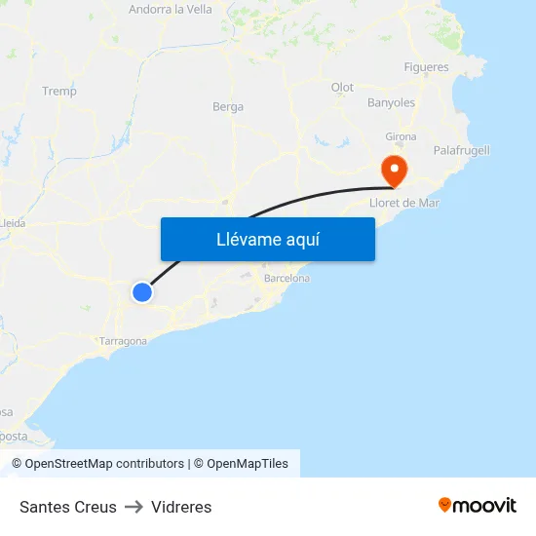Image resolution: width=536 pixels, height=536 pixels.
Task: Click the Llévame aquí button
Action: click(267, 239)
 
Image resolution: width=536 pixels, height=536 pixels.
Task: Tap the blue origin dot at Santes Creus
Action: click(142, 291)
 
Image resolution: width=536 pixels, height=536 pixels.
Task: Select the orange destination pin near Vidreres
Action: click(395, 170)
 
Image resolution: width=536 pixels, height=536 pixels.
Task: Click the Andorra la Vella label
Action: click(171, 10)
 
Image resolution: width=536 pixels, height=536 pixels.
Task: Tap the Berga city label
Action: click(228, 107)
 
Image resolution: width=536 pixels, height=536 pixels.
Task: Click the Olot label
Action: click(342, 88)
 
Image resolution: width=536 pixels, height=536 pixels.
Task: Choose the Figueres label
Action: click(427, 67)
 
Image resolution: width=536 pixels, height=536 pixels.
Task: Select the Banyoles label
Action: click(391, 102)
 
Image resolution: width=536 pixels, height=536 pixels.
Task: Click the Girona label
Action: click(401, 136)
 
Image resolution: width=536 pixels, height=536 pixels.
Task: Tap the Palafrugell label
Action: click(461, 150)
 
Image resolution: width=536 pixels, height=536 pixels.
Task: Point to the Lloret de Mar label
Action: click(405, 203)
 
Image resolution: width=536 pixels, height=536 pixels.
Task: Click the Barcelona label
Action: click(287, 279)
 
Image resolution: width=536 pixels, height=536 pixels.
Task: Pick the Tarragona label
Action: click(124, 341)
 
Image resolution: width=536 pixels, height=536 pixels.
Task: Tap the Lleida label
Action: click(14, 222)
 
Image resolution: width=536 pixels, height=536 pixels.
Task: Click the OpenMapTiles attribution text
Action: click(248, 464)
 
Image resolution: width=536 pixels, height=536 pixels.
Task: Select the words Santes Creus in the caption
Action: click(68, 507)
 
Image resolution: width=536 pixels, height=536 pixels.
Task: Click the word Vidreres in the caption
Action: click(181, 507)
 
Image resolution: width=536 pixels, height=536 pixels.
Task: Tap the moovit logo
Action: click(478, 505)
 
